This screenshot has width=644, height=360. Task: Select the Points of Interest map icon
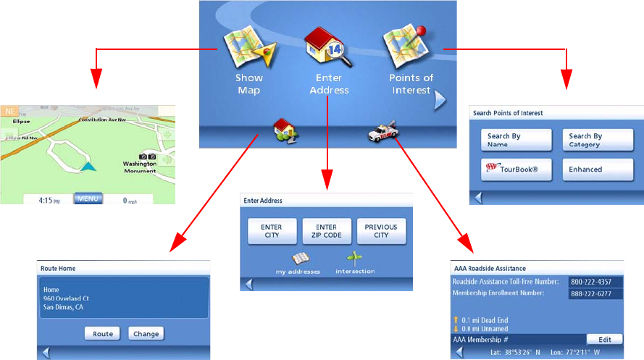(x=407, y=48)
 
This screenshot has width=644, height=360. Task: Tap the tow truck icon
(x=381, y=131)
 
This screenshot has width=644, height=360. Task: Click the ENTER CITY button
(x=272, y=231)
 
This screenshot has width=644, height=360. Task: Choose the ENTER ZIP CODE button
(x=326, y=231)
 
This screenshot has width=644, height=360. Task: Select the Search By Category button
(x=587, y=140)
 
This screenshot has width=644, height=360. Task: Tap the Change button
(x=146, y=334)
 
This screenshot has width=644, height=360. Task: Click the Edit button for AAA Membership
(x=604, y=339)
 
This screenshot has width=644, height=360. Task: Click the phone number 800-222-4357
(x=592, y=282)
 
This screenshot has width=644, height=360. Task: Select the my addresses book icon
(x=300, y=259)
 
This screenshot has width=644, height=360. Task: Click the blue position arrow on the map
(x=88, y=166)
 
